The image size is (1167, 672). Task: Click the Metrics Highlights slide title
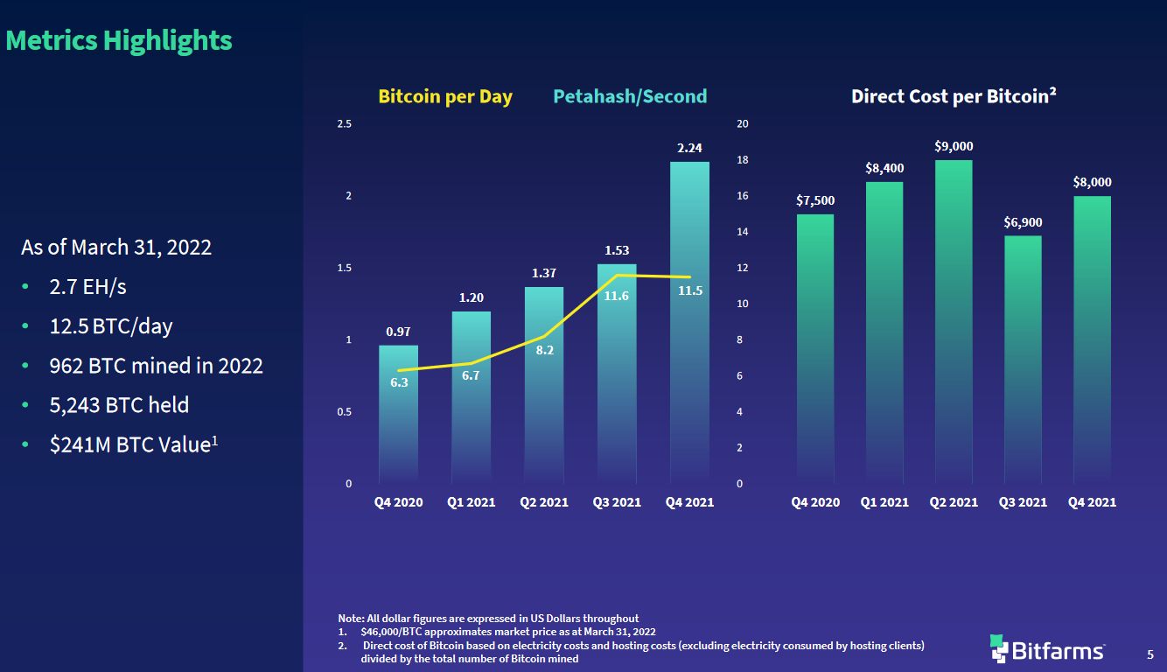click(119, 40)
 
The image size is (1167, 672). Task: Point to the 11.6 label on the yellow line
click(616, 296)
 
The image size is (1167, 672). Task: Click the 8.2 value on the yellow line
click(545, 350)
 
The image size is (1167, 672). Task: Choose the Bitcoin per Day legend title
click(445, 96)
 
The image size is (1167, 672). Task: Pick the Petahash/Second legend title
click(630, 96)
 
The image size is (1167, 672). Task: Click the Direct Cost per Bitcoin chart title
click(954, 96)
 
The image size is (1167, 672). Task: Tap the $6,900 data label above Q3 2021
click(1023, 223)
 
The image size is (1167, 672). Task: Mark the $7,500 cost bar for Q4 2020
click(814, 350)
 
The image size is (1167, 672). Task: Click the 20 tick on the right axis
click(743, 123)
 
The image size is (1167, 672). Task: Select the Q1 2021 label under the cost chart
click(884, 502)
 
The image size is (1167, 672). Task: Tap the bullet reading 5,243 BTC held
click(119, 405)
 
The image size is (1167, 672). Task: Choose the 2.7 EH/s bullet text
click(88, 286)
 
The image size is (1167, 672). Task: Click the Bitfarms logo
click(1047, 648)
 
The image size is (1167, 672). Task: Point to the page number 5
click(1150, 654)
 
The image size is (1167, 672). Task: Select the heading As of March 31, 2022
click(116, 247)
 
